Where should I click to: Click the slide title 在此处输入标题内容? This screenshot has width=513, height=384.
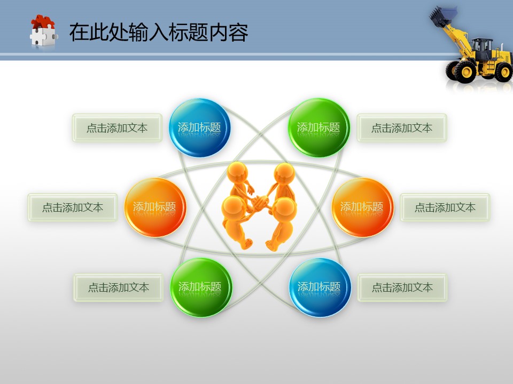tap(159, 33)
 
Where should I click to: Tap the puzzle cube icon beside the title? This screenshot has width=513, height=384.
tap(43, 31)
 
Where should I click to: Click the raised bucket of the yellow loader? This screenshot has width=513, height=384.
tap(442, 17)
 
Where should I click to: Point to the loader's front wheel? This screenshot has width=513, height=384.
tap(465, 71)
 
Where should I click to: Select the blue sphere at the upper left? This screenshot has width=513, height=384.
tap(199, 127)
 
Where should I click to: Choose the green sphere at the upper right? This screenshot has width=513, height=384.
tap(318, 127)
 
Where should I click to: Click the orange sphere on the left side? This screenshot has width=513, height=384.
tap(155, 207)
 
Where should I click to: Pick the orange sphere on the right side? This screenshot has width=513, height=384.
tap(362, 207)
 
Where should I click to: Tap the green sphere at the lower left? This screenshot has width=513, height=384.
tap(201, 287)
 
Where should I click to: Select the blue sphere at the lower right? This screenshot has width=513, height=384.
tap(320, 287)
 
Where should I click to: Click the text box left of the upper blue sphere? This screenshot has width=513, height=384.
tap(117, 127)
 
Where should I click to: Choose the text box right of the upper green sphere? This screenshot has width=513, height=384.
tap(402, 127)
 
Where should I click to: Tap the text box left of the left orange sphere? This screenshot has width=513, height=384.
tap(73, 207)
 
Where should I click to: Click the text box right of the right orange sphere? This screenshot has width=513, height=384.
tap(445, 207)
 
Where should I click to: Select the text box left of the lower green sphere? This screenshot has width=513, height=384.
tap(119, 287)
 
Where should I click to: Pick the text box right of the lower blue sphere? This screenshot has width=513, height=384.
tap(402, 287)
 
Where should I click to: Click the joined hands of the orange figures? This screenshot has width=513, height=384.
tap(260, 202)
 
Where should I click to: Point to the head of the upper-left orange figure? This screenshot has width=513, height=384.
tap(237, 172)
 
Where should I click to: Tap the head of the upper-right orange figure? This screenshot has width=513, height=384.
tap(284, 173)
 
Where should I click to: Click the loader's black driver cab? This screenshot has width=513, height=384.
tap(482, 49)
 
